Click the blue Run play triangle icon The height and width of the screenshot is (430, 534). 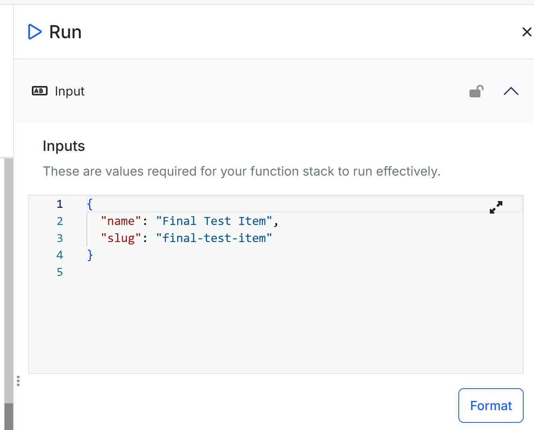click(x=35, y=32)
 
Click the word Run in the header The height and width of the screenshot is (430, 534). click(x=65, y=32)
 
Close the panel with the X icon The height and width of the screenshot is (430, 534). click(x=526, y=32)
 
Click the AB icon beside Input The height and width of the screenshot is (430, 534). click(x=39, y=91)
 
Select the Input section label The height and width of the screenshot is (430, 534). click(x=70, y=91)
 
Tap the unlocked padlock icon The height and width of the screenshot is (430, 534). click(x=476, y=91)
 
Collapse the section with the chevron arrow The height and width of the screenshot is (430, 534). click(x=511, y=91)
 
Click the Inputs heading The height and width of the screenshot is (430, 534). click(x=64, y=146)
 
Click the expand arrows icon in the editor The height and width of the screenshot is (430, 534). click(x=496, y=207)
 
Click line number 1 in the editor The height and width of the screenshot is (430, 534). click(x=60, y=204)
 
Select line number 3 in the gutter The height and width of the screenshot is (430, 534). click(x=60, y=238)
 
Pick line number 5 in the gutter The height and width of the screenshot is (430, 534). click(x=60, y=272)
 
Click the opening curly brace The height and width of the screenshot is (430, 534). click(x=90, y=204)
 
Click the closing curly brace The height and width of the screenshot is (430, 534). click(x=90, y=255)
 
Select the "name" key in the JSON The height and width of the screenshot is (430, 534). click(x=121, y=221)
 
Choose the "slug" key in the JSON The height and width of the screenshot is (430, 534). click(x=121, y=238)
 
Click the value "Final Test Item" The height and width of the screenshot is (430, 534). click(x=214, y=221)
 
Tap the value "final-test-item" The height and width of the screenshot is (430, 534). click(x=214, y=238)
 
